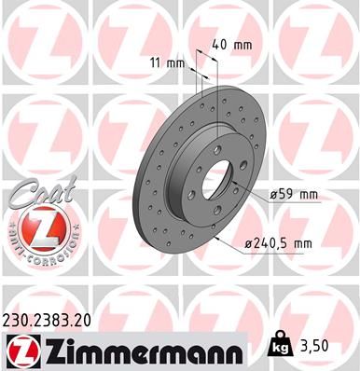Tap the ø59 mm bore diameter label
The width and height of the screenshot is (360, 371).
point(294,194)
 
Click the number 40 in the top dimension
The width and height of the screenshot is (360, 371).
point(219,43)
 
